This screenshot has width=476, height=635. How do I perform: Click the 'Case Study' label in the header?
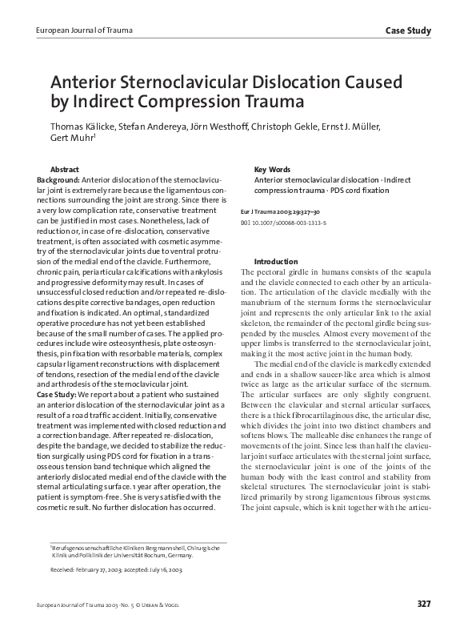(408, 31)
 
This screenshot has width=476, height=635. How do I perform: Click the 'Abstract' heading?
(64, 170)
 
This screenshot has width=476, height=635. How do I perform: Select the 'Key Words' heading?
(271, 170)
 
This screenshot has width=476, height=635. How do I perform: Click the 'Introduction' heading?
(276, 262)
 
